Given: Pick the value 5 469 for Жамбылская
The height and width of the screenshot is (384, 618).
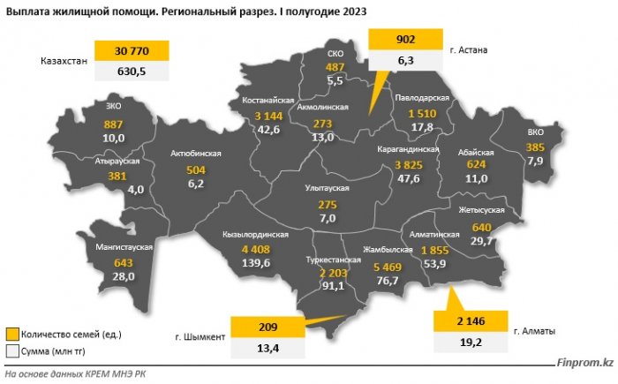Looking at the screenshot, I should tap(389, 267).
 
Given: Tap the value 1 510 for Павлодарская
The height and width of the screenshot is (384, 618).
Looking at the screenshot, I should tap(422, 114).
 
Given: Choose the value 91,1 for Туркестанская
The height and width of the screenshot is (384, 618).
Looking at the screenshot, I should tap(333, 285).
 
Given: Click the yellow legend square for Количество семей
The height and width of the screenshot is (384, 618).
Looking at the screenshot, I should tap(12, 334).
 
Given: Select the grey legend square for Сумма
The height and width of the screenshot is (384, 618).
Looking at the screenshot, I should tap(12, 350).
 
